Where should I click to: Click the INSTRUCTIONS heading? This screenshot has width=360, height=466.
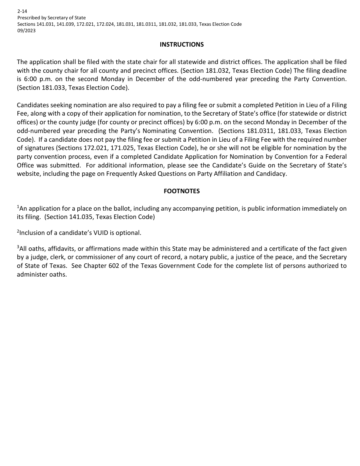[x=182, y=45]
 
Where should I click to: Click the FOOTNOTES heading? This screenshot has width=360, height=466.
[x=182, y=191]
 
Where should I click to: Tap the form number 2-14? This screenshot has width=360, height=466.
[x=22, y=11]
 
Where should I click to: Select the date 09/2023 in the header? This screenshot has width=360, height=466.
[x=26, y=31]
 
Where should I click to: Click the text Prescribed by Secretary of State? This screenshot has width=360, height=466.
[x=52, y=18]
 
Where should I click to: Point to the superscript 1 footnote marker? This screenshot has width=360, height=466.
[x=18, y=206]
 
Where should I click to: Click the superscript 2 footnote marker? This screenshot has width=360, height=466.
[x=18, y=231]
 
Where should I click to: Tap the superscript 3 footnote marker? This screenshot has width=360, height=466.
[x=18, y=247]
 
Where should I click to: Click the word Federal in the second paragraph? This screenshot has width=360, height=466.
[x=335, y=156]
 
